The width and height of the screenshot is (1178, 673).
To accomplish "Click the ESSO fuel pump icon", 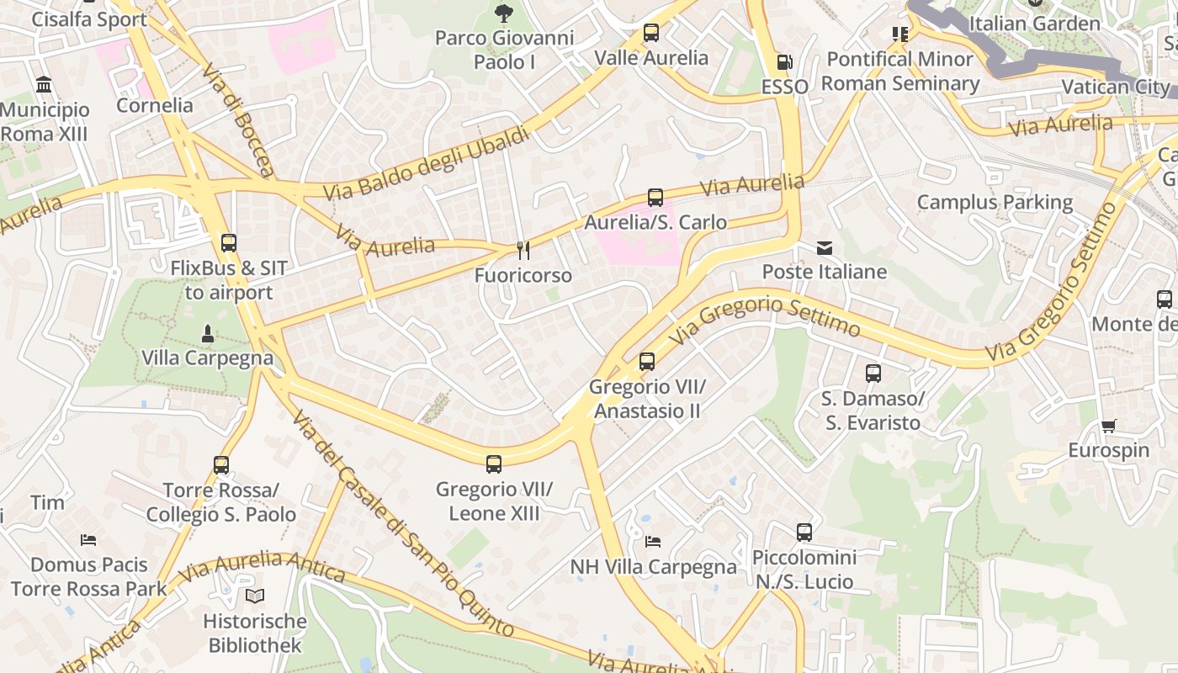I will coord(784,62).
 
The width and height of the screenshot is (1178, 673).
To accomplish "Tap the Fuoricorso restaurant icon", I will coord(523,250).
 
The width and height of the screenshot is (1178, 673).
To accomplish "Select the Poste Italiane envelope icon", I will coord(824,247).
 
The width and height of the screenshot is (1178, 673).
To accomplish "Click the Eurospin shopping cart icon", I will coord(1108,427).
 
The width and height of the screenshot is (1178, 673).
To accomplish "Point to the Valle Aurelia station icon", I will coord(650,34).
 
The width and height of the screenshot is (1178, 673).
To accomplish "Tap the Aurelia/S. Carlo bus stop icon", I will coord(655,198).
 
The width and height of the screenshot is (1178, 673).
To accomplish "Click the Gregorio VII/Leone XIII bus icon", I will coord(494,464).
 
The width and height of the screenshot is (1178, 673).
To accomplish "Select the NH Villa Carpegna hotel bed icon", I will coord(653,541).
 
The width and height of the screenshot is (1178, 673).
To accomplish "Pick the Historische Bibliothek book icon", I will coord(255,596).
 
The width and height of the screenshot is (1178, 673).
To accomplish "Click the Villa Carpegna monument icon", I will coord(208,334).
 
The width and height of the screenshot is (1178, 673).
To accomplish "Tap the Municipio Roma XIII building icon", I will coord(44,85).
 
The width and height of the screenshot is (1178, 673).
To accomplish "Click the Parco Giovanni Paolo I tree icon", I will coord(503,13).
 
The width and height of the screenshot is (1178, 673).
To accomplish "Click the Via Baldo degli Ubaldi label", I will coord(427,163).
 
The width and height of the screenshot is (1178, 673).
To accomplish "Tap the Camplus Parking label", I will coord(995,202).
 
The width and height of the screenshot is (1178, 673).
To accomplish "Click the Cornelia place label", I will coord(155,106).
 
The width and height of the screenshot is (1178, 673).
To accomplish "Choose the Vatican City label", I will coord(1115,87).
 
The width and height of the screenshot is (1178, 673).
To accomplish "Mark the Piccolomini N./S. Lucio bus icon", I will coord(804,533).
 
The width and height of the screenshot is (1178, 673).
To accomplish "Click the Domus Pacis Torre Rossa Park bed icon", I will coord(88,539).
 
